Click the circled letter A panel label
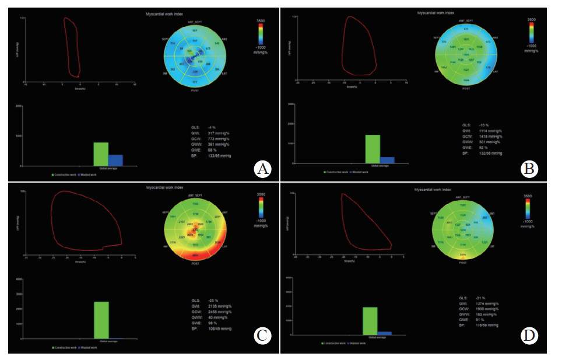pos(264,169)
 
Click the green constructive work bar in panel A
pos(101,154)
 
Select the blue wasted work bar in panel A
pos(115,160)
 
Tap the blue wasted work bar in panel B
pos(387,159)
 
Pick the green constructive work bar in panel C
pos(101,320)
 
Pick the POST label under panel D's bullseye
pos(462,263)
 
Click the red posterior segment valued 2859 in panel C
pos(195,256)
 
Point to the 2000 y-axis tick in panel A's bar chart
pos(19,106)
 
